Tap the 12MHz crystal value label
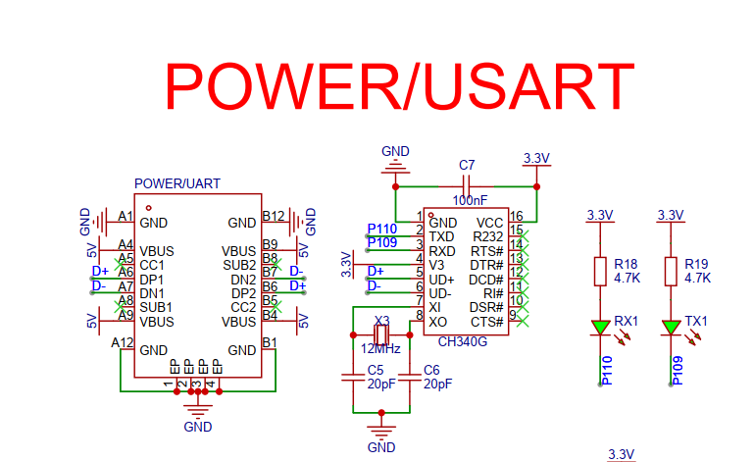380,347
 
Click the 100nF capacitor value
469,200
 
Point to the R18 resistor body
600,272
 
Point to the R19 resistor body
671,272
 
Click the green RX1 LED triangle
600,327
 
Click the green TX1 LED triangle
671,327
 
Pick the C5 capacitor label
375,370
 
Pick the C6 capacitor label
430,370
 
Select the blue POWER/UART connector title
176,183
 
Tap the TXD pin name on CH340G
442,236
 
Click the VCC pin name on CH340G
489,223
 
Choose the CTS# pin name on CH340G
487,322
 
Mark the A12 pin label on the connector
123,342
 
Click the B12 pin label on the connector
274,216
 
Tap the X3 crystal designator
382,321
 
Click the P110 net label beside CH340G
382,230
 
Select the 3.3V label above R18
599,215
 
